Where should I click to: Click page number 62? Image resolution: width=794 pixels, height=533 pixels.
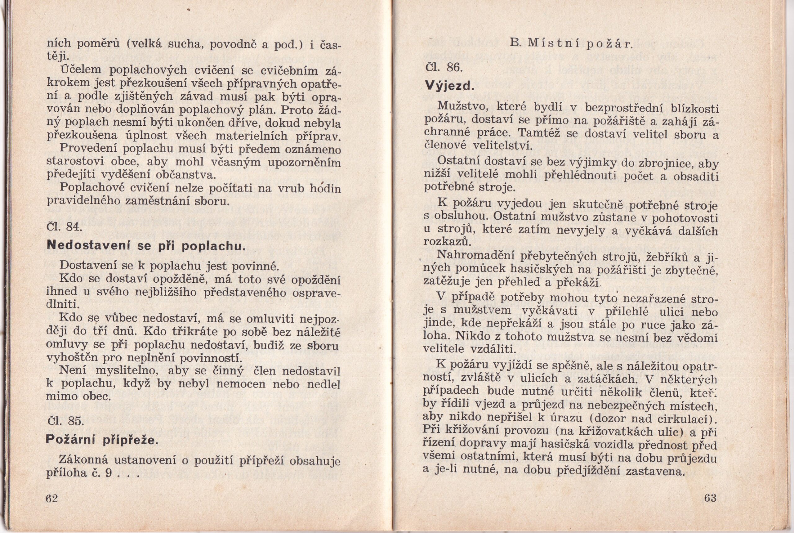click(52, 499)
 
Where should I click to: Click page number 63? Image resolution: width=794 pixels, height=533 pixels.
click(711, 498)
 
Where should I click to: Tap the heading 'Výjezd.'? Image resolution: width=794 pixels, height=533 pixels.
click(449, 86)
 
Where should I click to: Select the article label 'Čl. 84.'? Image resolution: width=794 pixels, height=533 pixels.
click(64, 226)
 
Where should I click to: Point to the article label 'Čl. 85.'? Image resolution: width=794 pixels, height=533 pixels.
click(65, 421)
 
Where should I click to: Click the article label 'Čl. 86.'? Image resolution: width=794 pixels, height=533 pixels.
click(444, 68)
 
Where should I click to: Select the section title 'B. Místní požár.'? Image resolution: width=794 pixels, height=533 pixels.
click(571, 44)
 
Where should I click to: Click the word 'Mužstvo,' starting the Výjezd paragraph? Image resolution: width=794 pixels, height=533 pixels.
click(463, 106)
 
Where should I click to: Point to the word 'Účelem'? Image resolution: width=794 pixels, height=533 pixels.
click(80, 70)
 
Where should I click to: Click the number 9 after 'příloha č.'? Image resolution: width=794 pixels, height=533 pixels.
click(108, 473)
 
